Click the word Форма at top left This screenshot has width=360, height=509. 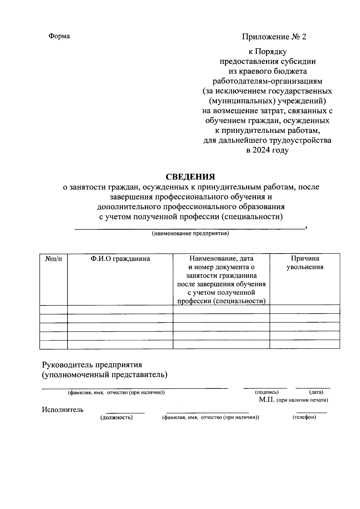(59, 36)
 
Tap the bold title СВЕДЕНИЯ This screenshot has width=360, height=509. (191, 177)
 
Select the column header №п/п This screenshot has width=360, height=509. (53, 258)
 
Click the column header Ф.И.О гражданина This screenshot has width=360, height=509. (120, 258)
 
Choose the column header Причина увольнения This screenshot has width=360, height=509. (305, 263)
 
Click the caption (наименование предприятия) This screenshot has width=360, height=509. (190, 234)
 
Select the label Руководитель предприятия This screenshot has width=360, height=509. (92, 365)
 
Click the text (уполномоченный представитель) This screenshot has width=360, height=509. (104, 375)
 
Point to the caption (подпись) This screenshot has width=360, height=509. (267, 392)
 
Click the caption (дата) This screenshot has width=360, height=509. (316, 392)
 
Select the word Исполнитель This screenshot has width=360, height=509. (63, 409)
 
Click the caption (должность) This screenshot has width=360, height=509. (116, 417)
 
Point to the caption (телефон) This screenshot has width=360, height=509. (304, 417)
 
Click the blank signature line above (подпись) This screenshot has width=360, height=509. (265, 388)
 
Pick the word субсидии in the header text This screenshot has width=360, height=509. (298, 61)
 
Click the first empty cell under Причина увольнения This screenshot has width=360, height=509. (305, 309)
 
